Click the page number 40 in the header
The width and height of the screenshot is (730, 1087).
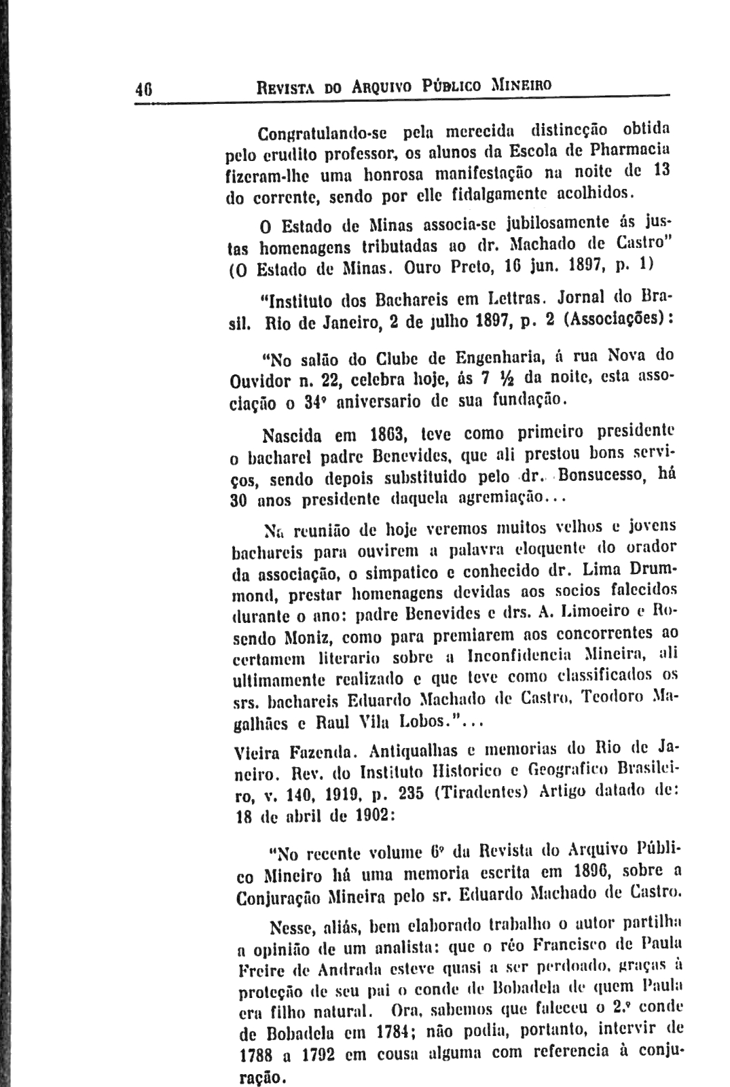tap(143, 88)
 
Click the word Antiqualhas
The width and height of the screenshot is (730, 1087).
tap(421, 752)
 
